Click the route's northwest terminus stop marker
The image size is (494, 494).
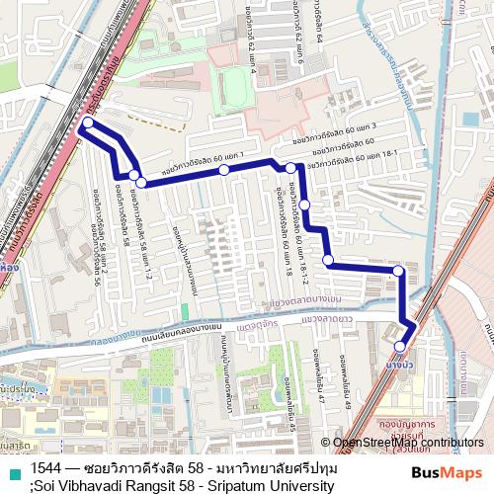[x=88, y=123]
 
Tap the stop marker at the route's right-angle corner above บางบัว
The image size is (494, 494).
[x=398, y=270]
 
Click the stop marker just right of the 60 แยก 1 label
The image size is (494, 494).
[x=224, y=170]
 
